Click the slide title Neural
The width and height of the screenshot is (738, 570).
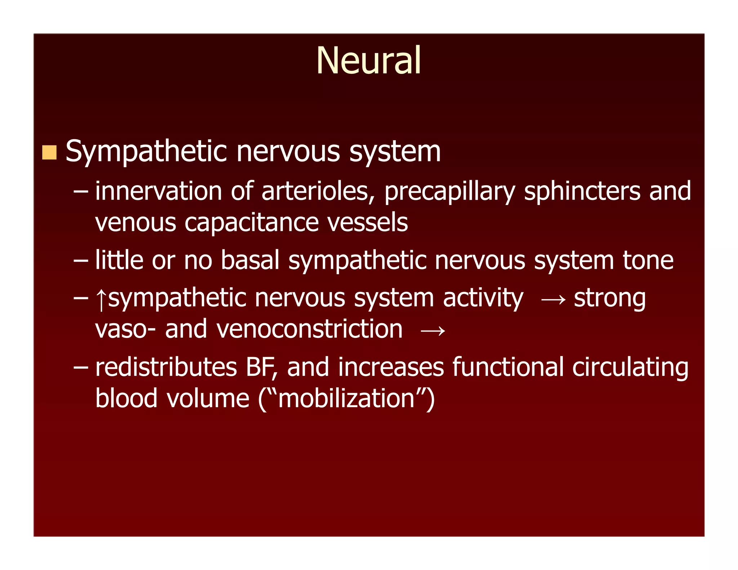(x=368, y=61)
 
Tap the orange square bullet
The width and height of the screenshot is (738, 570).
(x=49, y=152)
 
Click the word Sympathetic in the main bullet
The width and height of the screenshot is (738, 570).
(x=146, y=152)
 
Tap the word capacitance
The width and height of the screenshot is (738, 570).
(x=252, y=223)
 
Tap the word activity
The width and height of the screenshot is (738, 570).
(x=483, y=298)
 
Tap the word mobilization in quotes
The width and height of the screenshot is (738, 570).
(x=346, y=399)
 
